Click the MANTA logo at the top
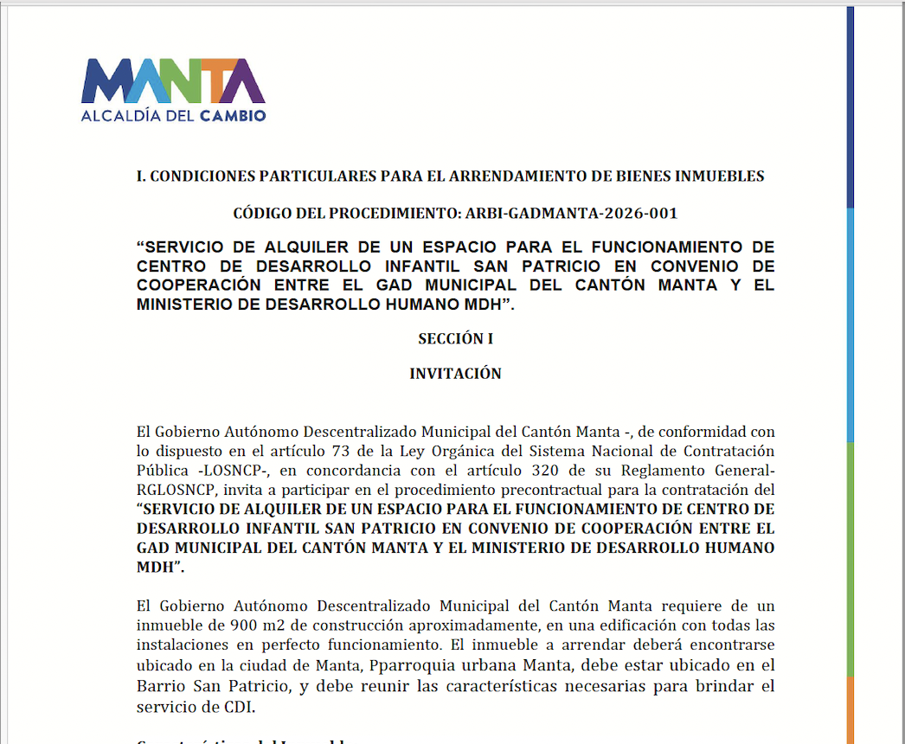[173, 81]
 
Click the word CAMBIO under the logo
[233, 115]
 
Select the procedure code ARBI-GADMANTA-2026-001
[571, 213]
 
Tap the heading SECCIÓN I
[455, 339]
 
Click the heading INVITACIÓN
[455, 374]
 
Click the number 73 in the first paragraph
[342, 451]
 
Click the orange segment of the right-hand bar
[850, 709]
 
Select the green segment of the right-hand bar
[850, 558]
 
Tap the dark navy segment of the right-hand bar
[850, 104]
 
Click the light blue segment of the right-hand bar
[850, 324]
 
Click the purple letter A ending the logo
[244, 81]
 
